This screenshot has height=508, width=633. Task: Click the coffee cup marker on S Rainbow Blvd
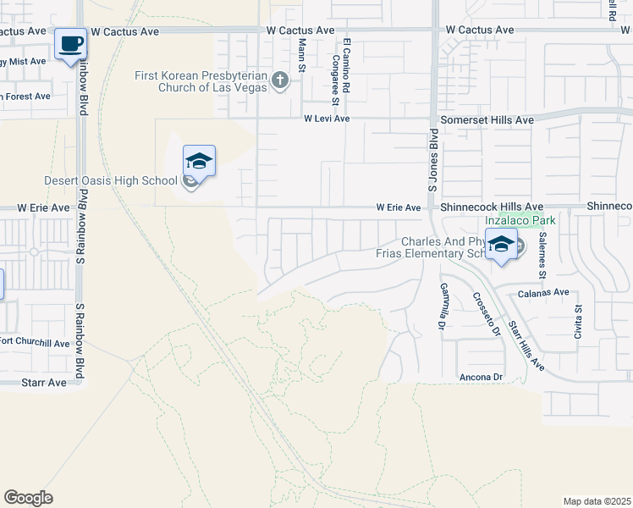click(70, 44)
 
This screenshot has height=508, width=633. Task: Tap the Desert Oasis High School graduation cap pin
click(199, 161)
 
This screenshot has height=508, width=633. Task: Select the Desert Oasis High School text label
click(110, 180)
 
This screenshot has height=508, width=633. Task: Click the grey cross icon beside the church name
click(280, 81)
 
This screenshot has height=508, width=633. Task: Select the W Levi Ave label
click(327, 119)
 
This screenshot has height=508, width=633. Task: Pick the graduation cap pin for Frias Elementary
click(501, 244)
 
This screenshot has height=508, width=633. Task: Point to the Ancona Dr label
click(481, 377)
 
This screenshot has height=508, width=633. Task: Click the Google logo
click(28, 497)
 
